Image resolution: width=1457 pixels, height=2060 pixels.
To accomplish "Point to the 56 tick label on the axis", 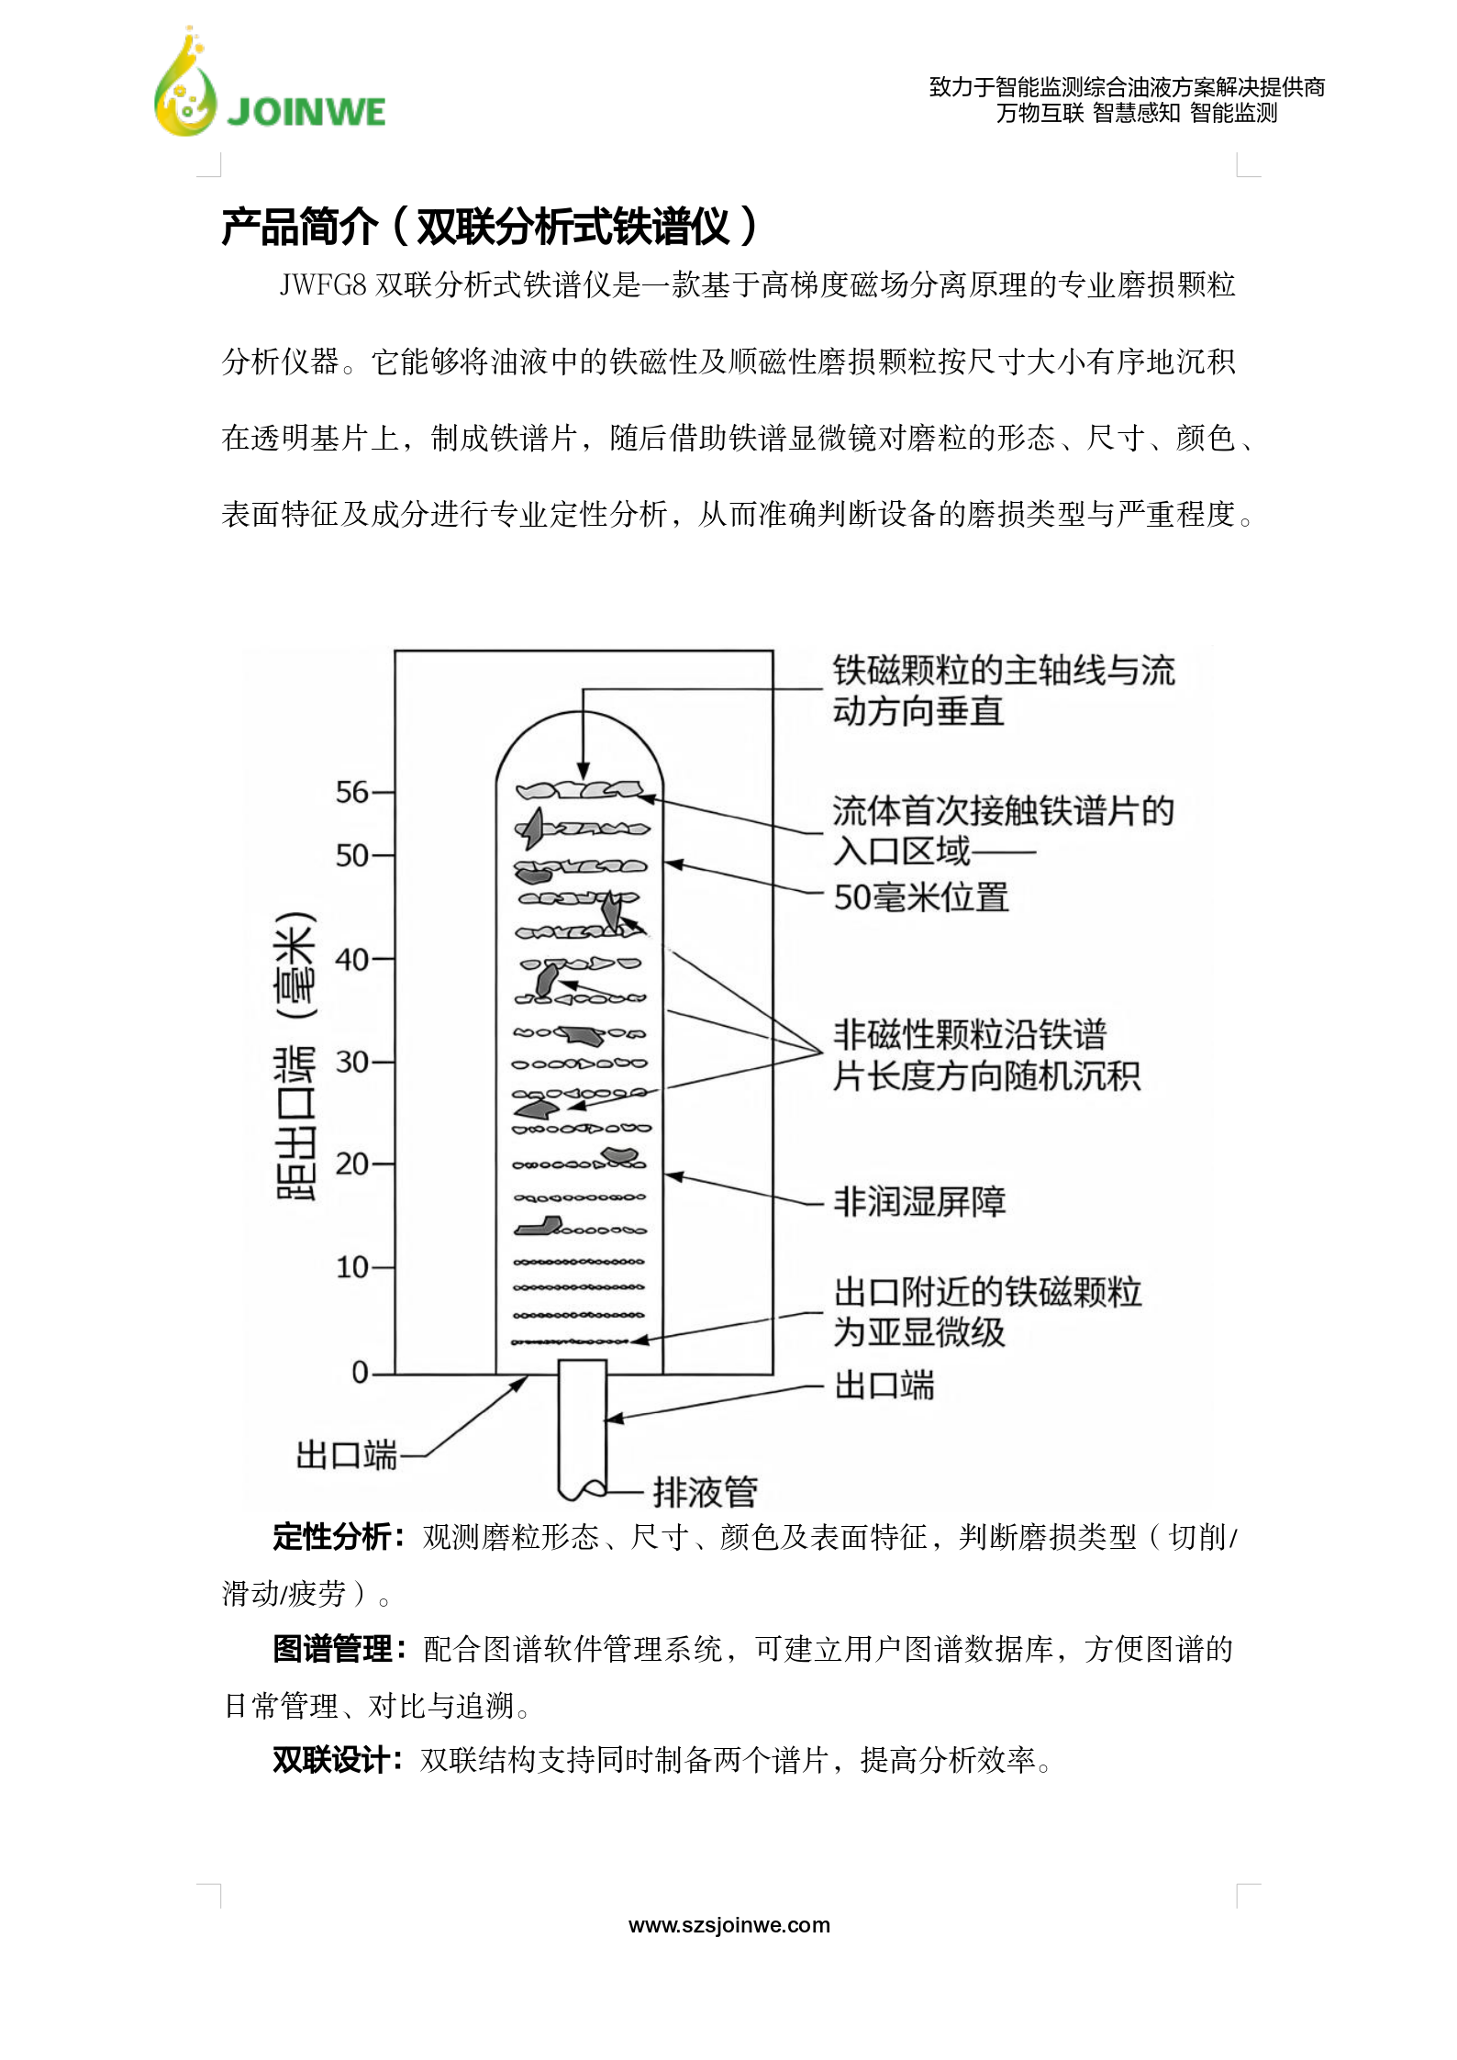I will (351, 792).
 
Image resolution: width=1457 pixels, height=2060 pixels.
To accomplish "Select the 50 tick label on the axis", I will (351, 856).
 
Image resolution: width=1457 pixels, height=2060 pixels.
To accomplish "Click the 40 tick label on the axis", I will (351, 960).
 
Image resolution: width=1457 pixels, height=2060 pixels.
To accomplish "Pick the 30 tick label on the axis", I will (351, 1063).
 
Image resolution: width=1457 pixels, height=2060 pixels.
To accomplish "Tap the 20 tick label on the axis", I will (351, 1164).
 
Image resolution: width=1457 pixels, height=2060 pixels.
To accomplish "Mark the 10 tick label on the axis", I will (351, 1268).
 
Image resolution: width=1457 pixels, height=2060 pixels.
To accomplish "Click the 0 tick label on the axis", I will (360, 1373).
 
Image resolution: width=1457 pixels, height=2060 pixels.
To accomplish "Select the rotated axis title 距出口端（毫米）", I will (295, 1055).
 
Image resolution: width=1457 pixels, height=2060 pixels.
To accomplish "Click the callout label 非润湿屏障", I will (919, 1201).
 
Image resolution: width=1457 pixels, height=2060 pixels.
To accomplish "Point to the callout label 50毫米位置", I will (920, 896).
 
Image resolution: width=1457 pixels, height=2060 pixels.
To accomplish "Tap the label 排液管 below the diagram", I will (705, 1492).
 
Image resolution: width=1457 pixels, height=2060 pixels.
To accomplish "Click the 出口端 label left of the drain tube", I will (346, 1455).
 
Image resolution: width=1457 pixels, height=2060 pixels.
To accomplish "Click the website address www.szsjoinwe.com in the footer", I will (728, 1925).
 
